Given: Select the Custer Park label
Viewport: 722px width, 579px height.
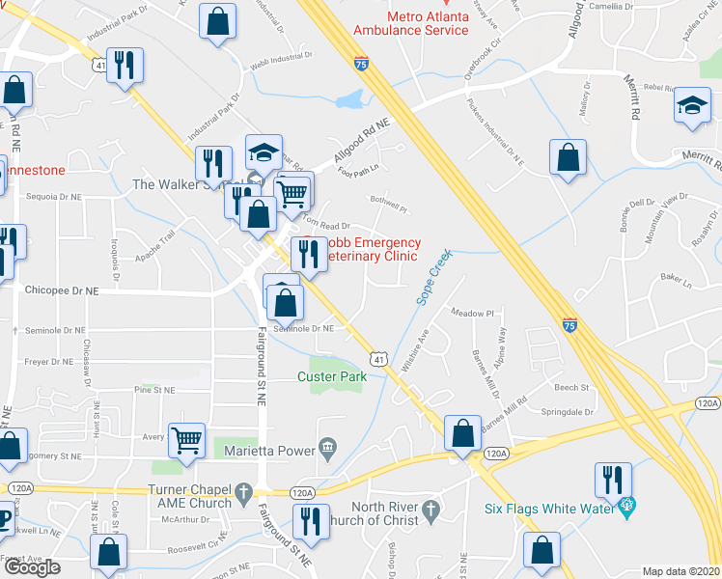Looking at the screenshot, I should tap(332, 376).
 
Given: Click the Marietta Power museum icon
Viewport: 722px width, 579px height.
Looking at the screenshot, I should tap(327, 446).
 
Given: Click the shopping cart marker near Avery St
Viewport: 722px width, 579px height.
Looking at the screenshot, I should tap(187, 439).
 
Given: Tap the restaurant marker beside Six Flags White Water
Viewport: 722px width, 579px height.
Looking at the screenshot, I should tap(612, 478).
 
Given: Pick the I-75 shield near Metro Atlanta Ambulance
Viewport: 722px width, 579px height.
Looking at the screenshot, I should tap(360, 64).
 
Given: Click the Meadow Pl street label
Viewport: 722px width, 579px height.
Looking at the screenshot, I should tap(473, 314).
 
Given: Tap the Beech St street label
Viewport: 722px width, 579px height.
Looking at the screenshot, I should tap(571, 388).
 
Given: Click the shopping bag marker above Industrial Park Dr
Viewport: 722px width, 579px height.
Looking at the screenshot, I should tap(218, 19).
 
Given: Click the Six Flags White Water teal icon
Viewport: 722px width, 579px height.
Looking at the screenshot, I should tap(626, 504).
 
